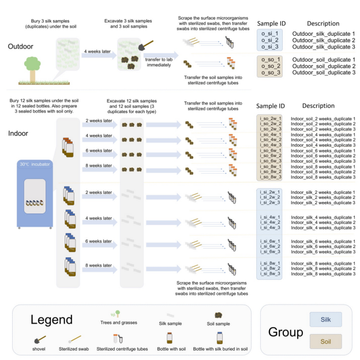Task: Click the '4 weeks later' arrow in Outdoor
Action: point(97,52)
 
